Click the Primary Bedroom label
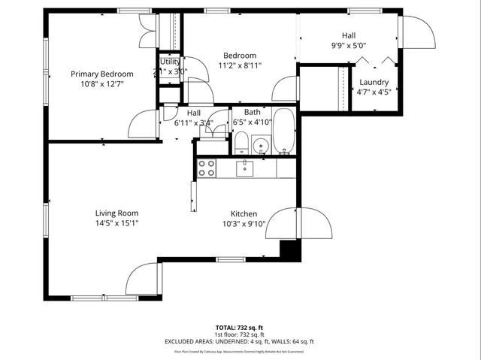tap(102, 74)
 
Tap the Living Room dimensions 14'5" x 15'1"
tap(116, 223)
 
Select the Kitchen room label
tap(244, 213)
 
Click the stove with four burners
tap(207, 168)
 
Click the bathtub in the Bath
tap(284, 132)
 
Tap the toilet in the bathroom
tap(241, 142)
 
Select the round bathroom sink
tap(262, 144)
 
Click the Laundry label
tap(374, 82)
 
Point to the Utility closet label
tap(170, 62)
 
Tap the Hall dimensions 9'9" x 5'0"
tap(349, 45)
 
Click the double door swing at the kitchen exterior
tap(298, 223)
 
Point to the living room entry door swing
tap(143, 280)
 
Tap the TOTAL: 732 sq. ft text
tap(240, 328)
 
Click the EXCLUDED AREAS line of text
tap(240, 341)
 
